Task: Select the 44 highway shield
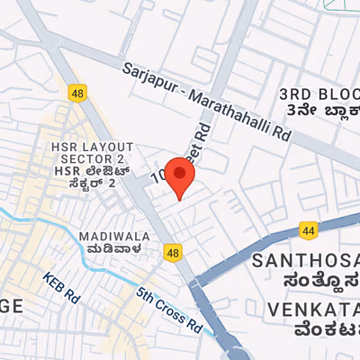[x=309, y=231]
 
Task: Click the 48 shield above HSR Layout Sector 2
[x=76, y=91]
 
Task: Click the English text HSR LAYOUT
[x=92, y=147]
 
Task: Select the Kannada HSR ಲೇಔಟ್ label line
[x=93, y=169]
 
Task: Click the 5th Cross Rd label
[x=170, y=308]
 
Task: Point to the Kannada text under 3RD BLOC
[x=319, y=111]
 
